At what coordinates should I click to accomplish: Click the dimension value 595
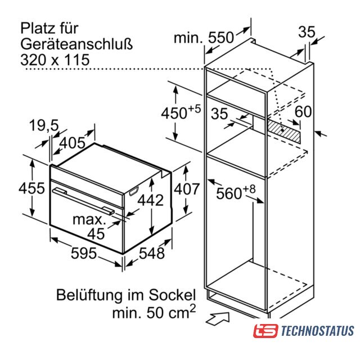tap(84, 254)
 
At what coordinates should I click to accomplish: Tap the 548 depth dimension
tap(151, 254)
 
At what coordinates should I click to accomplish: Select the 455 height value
tap(31, 188)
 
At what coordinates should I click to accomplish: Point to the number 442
tap(151, 200)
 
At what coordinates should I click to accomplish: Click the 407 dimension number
tap(187, 189)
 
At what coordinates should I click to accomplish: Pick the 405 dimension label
tap(73, 143)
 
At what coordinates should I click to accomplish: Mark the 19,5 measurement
tap(44, 125)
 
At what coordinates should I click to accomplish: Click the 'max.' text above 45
tap(89, 220)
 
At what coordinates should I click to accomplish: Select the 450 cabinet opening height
tap(174, 113)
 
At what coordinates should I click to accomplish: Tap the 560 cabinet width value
tap(229, 193)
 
